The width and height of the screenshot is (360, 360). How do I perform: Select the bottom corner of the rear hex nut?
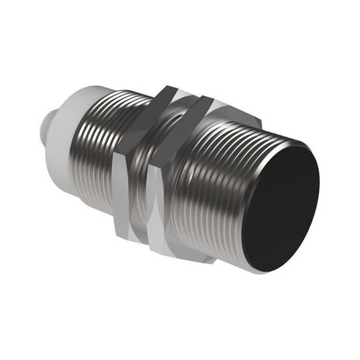(129, 241)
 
